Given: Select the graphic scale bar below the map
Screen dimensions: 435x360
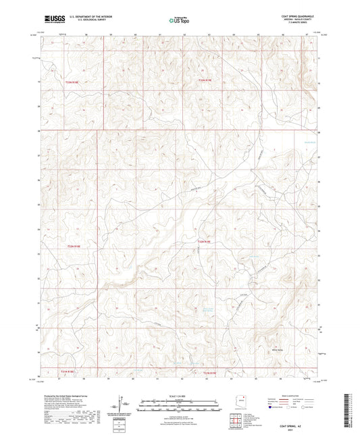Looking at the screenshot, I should [x=179, y=405].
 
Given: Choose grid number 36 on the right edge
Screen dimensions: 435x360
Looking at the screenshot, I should [x=319, y=180].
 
